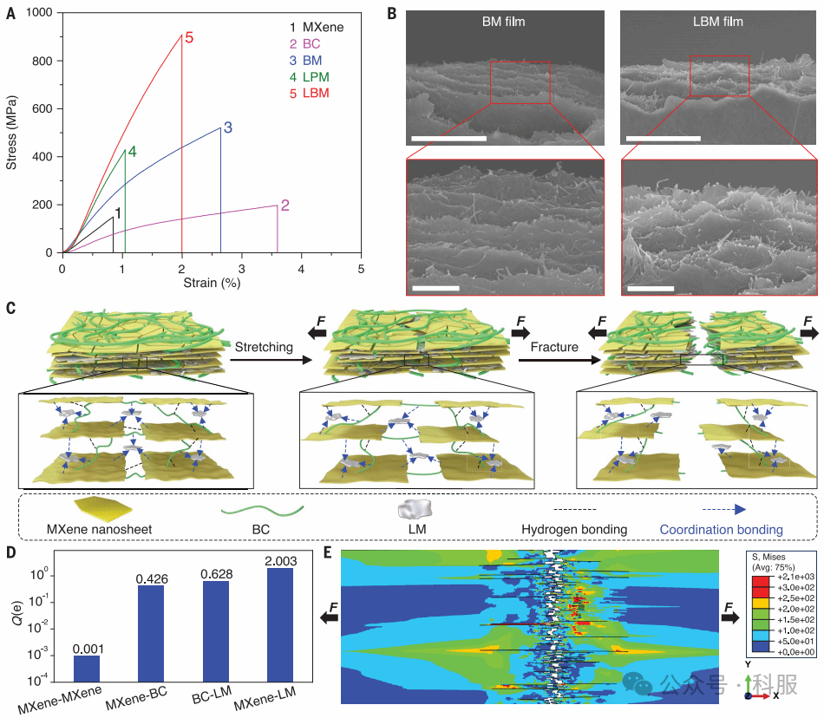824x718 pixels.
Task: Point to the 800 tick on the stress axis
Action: pos(43,61)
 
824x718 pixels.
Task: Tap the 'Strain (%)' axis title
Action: pos(212,283)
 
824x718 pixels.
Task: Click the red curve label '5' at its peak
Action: pos(188,38)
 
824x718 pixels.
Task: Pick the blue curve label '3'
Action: pos(227,128)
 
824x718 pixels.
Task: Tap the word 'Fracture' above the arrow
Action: pos(554,347)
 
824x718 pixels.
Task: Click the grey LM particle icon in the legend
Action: pos(413,509)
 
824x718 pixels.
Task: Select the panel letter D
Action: pos(10,552)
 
